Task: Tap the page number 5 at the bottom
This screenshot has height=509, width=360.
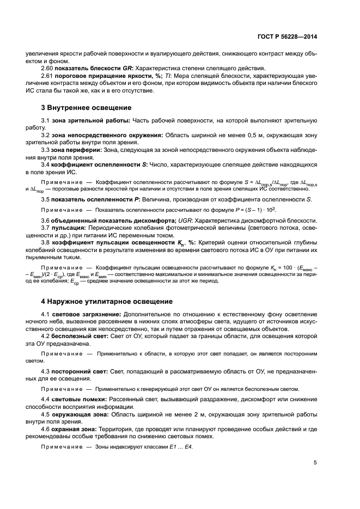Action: point(315,463)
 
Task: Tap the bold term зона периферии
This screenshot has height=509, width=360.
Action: point(75,149)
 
